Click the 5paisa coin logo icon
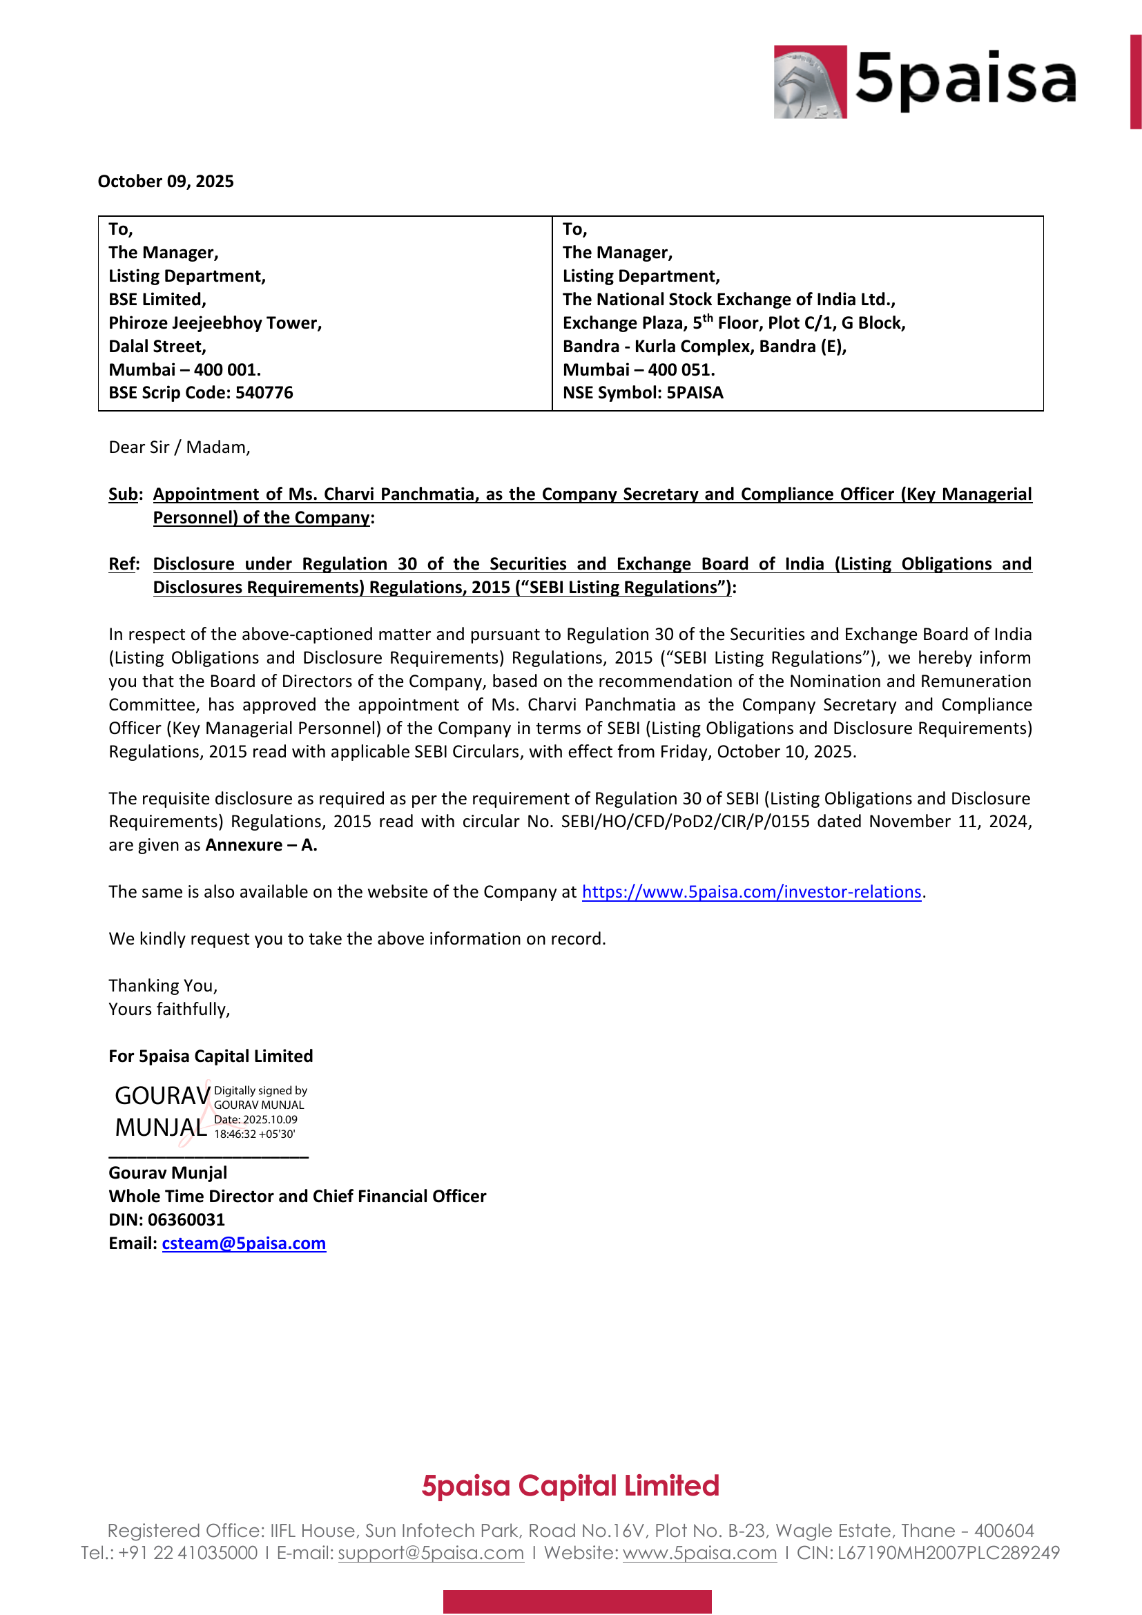tap(810, 81)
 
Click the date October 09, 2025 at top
tap(165, 182)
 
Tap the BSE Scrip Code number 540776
tap(264, 392)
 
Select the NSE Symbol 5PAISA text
tap(694, 392)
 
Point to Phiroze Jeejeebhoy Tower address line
tap(215, 323)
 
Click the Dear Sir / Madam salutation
tap(180, 447)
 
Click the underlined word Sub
tap(123, 494)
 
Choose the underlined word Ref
tap(123, 564)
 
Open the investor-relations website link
tap(751, 892)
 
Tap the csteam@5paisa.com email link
tap(243, 1243)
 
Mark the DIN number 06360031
tap(186, 1219)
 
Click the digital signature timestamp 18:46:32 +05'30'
tap(255, 1134)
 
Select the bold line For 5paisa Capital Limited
tap(211, 1056)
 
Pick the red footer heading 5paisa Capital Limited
tap(570, 1486)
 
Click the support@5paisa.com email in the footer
tap(430, 1552)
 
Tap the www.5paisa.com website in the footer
tap(699, 1552)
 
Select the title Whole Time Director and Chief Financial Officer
tap(297, 1197)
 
